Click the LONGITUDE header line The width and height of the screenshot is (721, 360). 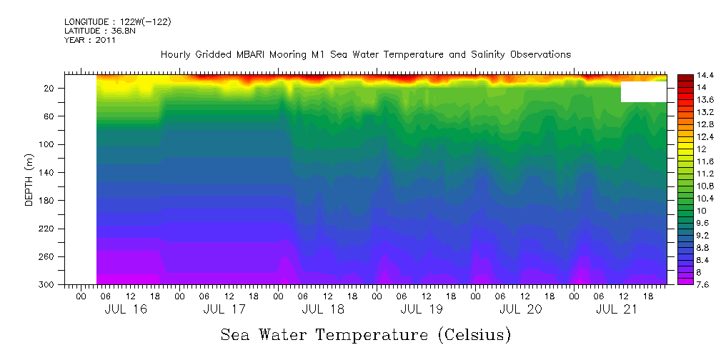117,22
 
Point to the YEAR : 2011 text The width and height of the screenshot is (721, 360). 89,40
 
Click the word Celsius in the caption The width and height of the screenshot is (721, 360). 472,335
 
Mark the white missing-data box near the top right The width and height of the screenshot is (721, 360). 643,91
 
